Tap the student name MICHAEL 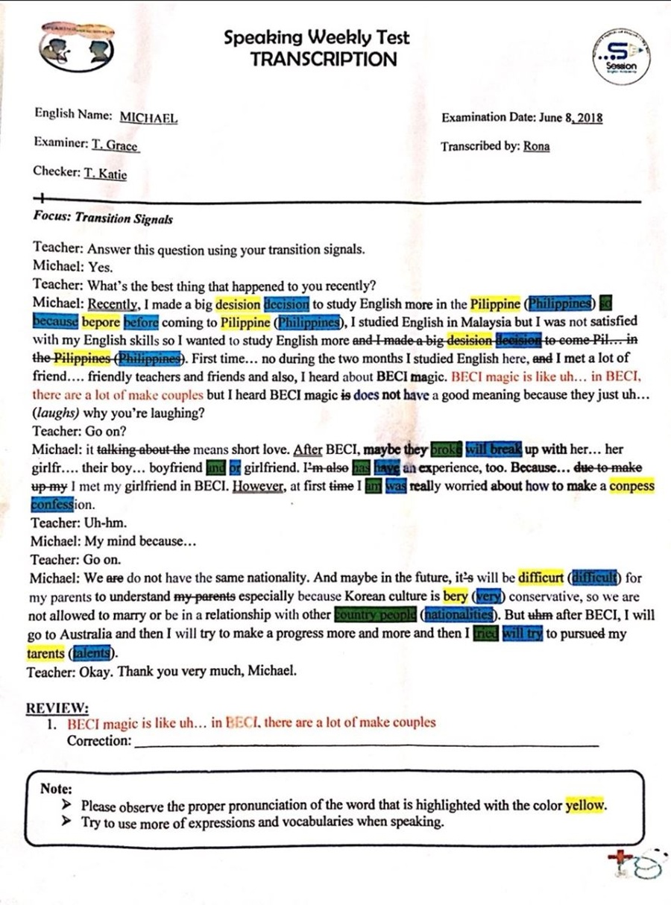tap(148, 118)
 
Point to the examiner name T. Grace tap(116, 145)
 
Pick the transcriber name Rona tap(536, 146)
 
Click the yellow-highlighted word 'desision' tap(238, 304)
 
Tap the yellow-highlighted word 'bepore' tap(101, 323)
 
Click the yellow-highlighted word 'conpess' tap(631, 486)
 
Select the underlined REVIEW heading tap(57, 707)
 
